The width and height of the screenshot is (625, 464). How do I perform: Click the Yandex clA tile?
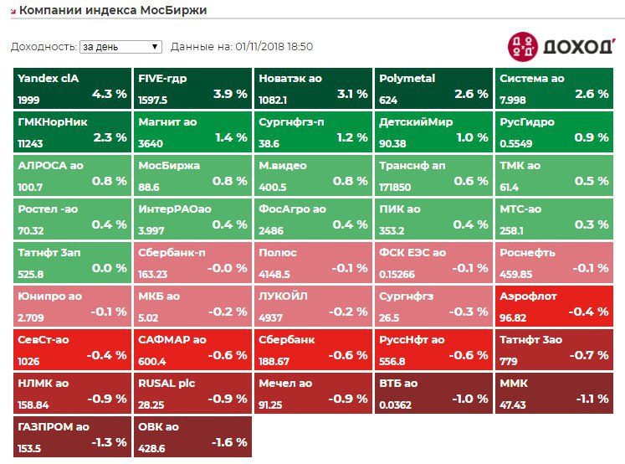pos(72,87)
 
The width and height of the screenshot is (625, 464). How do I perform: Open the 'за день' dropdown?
pos(120,47)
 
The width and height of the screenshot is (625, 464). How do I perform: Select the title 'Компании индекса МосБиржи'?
pos(113,10)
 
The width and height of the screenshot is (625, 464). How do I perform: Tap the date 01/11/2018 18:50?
pos(274,47)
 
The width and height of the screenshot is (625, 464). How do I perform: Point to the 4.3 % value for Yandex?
pos(110,94)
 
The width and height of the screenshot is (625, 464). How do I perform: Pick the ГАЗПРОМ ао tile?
pos(72,436)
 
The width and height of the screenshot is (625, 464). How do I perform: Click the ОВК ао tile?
pos(192,436)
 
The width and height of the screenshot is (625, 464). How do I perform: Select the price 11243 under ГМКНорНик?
pos(30,143)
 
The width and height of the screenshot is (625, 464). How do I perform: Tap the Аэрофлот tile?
pos(554,305)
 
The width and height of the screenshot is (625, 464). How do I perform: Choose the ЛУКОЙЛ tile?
pos(313,305)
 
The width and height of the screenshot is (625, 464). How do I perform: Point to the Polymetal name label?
pos(407,79)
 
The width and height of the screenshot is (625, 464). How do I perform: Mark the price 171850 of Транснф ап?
pos(398,187)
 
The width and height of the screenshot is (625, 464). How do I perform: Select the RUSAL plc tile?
pos(192,392)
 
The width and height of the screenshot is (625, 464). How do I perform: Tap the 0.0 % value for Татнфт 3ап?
pos(110,268)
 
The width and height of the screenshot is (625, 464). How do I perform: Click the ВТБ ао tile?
pos(433,392)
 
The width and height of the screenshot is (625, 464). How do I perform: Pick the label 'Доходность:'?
pos(43,47)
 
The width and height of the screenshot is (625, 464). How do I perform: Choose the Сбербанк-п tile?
pos(192,261)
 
